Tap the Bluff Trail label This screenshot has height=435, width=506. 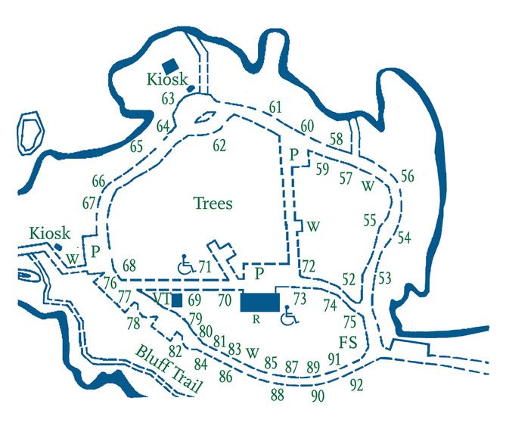pos(169,370)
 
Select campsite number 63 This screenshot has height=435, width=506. pos(168,98)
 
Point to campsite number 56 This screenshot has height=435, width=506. pos(408,176)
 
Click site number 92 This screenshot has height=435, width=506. pos(357,384)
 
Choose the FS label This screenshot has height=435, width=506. pos(347,340)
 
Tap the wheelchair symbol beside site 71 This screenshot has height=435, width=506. pos(185,265)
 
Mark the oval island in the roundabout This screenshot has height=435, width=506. pos(204,118)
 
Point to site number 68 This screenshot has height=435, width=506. pos(129,265)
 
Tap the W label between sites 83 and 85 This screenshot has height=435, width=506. pos(253,352)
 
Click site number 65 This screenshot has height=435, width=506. pos(136,146)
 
